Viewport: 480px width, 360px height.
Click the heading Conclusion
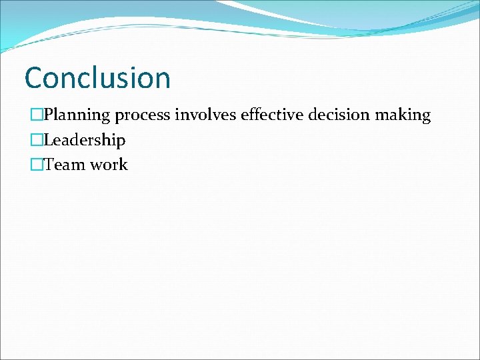pos(97,78)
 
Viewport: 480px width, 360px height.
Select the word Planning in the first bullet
pos(77,115)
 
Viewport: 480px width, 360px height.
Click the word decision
pos(335,115)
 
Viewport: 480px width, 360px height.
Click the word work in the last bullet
pos(109,165)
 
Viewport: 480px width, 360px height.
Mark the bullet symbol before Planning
pos(37,115)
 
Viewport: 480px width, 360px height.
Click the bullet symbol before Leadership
pos(37,140)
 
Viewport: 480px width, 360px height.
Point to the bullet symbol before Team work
pos(37,165)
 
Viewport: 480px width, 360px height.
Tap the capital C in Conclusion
pos(34,78)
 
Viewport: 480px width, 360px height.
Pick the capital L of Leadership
pos(49,140)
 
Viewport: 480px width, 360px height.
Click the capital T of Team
pos(49,165)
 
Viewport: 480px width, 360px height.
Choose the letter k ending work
pos(123,165)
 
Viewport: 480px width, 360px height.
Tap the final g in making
pos(426,117)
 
